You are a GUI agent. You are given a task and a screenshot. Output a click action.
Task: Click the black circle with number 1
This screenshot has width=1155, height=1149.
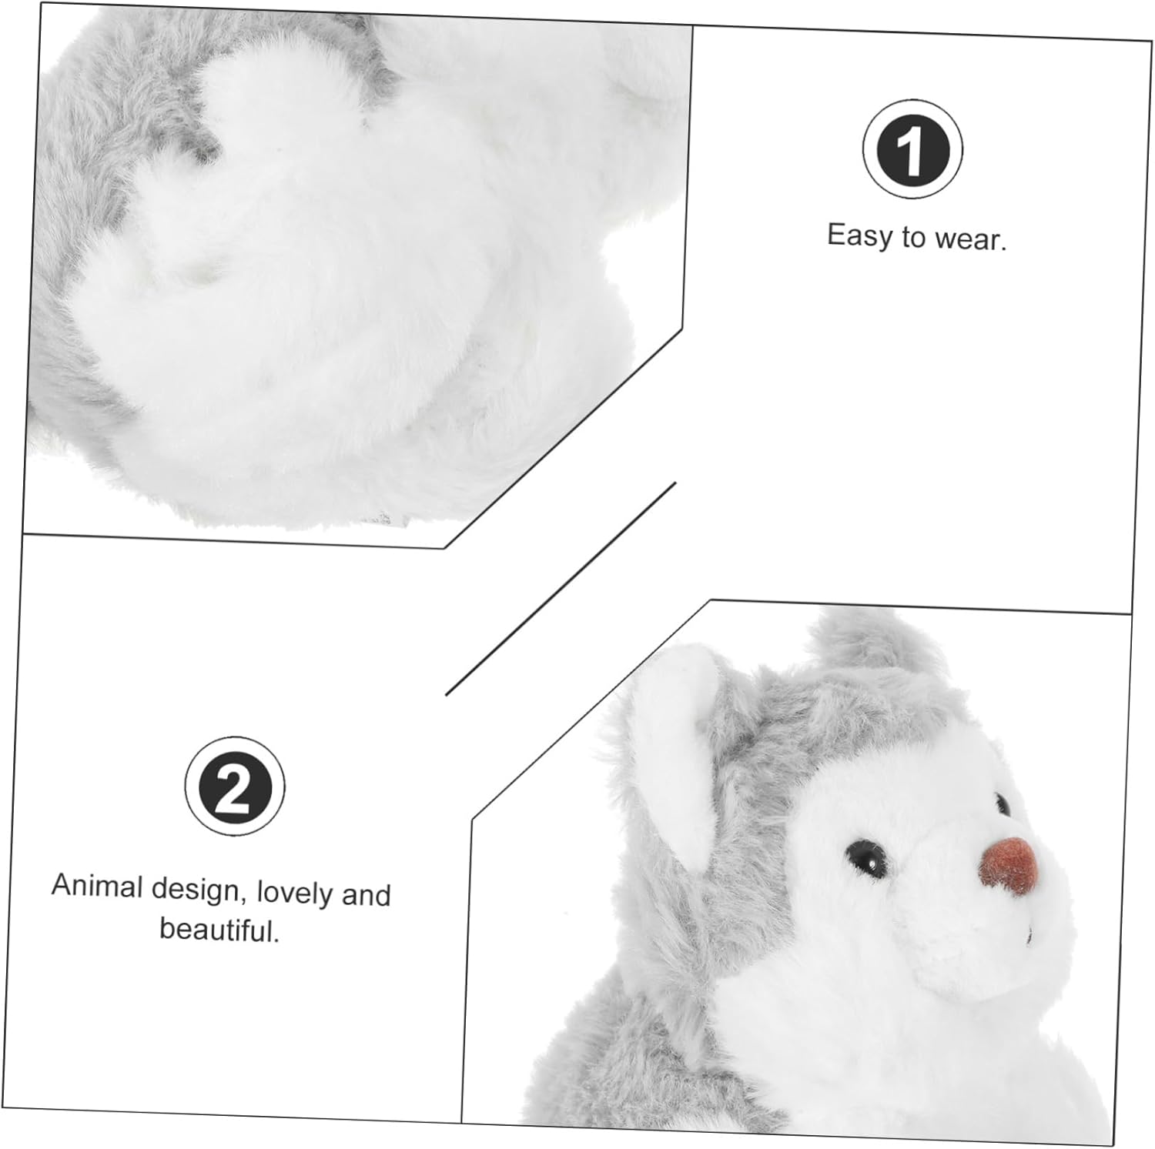tap(912, 149)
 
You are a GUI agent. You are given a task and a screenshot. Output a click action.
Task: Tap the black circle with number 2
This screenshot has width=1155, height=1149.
tap(234, 786)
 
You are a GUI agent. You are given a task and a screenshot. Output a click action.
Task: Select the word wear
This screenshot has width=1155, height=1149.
tap(970, 239)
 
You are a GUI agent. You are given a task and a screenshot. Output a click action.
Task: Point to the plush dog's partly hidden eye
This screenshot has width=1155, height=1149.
tap(1001, 805)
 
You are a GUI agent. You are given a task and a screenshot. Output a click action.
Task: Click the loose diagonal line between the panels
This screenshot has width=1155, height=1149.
tap(561, 589)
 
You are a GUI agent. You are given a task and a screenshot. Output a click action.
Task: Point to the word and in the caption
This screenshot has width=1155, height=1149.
tap(366, 895)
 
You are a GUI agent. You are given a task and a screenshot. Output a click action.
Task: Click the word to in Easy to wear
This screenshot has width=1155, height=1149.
tap(914, 238)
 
